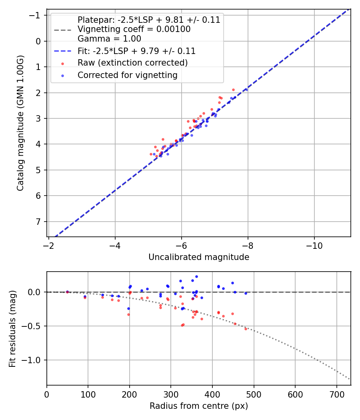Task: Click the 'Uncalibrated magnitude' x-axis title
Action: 199,257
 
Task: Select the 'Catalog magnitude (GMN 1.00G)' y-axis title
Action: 20,123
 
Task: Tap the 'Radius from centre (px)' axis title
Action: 199,406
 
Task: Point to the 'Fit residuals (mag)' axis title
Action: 12,328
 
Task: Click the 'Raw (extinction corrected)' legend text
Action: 132,63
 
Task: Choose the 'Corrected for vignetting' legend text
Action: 127,75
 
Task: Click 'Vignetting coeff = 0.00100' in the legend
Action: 134,29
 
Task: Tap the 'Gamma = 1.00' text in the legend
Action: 109,39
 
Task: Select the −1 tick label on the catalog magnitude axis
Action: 36,15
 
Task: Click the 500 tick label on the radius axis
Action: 254,394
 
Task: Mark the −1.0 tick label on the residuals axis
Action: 33,360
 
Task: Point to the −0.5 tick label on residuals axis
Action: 33,326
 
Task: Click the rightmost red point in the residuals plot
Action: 246,329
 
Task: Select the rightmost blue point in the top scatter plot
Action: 246,90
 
